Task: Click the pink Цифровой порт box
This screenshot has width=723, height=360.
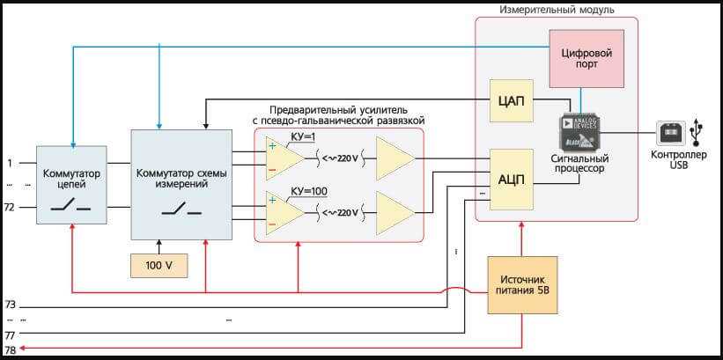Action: tap(586, 58)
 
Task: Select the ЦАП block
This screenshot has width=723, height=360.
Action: tap(511, 102)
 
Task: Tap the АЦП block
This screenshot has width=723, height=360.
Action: tap(511, 179)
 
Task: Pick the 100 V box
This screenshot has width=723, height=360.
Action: tap(159, 265)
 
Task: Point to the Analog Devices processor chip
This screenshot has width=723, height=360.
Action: tap(579, 133)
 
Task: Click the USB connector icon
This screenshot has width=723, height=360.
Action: tap(671, 134)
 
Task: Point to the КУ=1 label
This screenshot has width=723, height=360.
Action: tap(302, 137)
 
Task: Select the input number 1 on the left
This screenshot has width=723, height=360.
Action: tap(10, 164)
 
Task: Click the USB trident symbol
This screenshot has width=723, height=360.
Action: tap(697, 132)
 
